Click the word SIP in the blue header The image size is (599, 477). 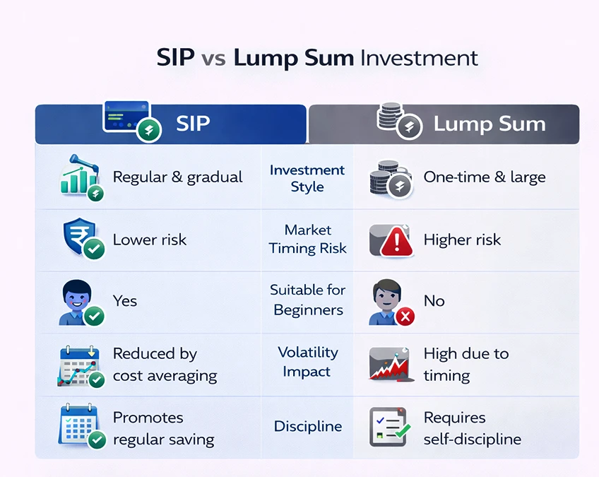(x=193, y=124)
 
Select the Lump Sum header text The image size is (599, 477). (x=489, y=124)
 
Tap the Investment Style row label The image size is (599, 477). (x=307, y=178)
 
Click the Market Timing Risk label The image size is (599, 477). (x=307, y=239)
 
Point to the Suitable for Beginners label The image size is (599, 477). (x=307, y=300)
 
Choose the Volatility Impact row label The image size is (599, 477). (x=307, y=361)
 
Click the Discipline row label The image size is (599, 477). (x=307, y=426)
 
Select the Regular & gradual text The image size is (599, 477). (x=177, y=177)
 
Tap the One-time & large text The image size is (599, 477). (x=484, y=177)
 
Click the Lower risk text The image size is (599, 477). (x=150, y=240)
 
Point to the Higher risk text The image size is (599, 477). (x=462, y=240)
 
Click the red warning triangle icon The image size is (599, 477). (x=396, y=242)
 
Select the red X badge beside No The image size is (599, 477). (x=405, y=317)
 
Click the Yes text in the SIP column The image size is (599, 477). (x=125, y=300)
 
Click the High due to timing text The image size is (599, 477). (x=465, y=364)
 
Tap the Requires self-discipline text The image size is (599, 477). (x=472, y=428)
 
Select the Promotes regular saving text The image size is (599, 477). (x=163, y=428)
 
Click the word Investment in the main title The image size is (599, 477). (x=419, y=57)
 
